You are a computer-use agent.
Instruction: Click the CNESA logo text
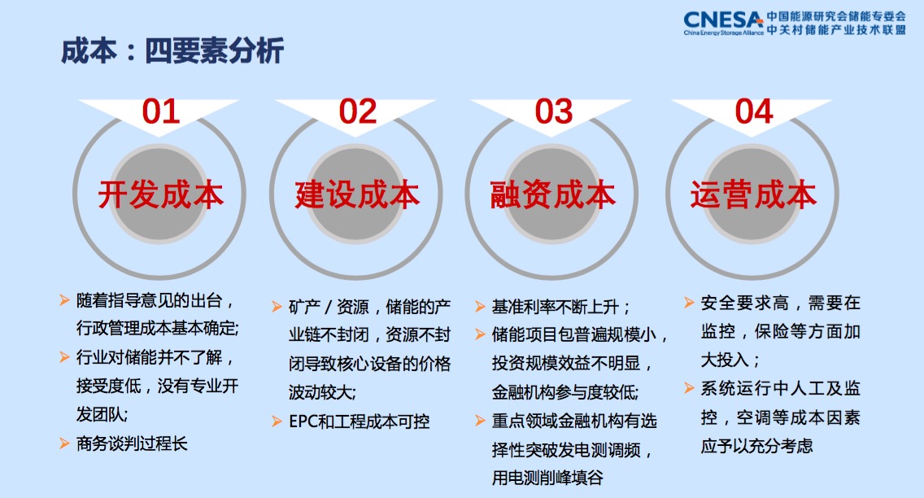[x=723, y=20]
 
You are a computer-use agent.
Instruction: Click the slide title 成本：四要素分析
[x=172, y=50]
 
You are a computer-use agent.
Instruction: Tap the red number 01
[x=161, y=111]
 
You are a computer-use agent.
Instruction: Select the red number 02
[x=358, y=111]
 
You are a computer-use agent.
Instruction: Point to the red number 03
[x=554, y=111]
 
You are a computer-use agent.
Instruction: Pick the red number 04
[x=754, y=111]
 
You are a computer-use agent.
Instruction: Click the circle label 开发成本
[x=161, y=194]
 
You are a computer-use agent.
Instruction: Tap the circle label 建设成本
[x=357, y=194]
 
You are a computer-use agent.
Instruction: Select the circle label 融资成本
[x=553, y=194]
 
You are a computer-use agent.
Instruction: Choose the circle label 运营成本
[x=754, y=194]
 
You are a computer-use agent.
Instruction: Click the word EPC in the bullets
[x=303, y=422]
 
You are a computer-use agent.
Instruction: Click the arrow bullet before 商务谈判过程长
[x=65, y=443]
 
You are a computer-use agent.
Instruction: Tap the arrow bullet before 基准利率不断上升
[x=480, y=307]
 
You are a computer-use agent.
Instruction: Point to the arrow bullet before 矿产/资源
[x=277, y=307]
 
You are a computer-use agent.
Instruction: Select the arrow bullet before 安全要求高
[x=689, y=303]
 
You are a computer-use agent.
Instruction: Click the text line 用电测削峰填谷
[x=547, y=478]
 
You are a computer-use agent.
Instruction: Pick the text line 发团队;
[x=102, y=414]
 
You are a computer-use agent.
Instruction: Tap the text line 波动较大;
[x=322, y=392]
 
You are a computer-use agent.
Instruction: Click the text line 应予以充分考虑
[x=756, y=446]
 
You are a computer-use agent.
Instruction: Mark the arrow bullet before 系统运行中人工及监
[x=689, y=388]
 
